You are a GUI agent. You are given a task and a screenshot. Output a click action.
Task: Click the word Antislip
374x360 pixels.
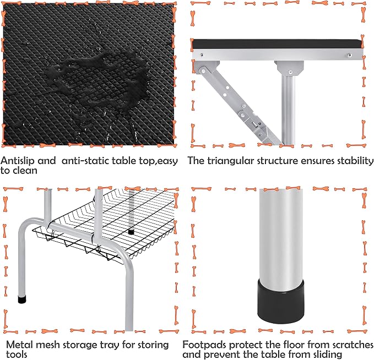18,161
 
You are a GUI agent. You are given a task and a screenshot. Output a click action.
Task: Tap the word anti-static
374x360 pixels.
85,161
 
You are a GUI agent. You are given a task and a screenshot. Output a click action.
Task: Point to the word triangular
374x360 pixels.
230,161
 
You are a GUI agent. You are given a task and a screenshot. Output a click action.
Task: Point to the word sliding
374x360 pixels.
326,354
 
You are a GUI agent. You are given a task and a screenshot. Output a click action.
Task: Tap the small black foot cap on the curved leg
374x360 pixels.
22,299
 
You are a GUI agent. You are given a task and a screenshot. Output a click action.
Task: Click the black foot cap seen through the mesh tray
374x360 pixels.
131,232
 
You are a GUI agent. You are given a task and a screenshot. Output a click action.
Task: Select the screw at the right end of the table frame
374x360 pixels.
350,55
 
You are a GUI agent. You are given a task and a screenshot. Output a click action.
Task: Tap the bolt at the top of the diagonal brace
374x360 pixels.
203,71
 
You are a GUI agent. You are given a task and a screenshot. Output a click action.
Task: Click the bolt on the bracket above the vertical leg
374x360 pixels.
290,72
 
